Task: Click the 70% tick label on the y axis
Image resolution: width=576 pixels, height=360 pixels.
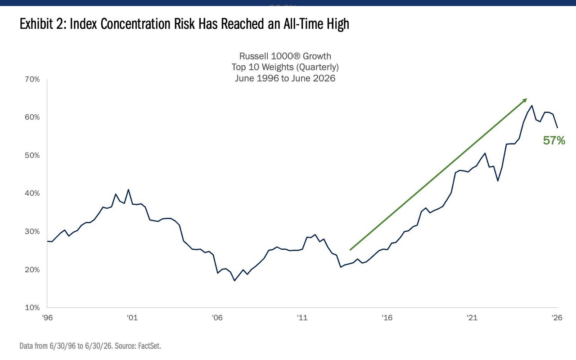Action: pyautogui.click(x=32, y=80)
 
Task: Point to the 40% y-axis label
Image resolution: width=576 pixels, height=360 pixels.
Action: pyautogui.click(x=32, y=193)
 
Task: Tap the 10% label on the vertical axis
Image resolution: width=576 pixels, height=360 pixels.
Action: pyautogui.click(x=32, y=307)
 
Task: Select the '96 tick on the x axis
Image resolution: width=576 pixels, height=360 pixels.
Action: pyautogui.click(x=47, y=318)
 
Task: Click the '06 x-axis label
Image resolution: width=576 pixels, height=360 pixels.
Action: pyautogui.click(x=217, y=318)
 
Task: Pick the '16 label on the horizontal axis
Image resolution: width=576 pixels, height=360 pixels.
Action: pyautogui.click(x=387, y=318)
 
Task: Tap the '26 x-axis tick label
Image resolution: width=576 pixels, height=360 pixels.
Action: pyautogui.click(x=557, y=318)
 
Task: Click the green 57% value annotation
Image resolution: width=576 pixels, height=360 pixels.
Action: pyautogui.click(x=554, y=141)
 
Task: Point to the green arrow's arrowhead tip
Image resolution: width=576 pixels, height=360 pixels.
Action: pyautogui.click(x=527, y=99)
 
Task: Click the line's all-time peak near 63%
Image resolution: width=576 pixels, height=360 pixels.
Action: pyautogui.click(x=532, y=105)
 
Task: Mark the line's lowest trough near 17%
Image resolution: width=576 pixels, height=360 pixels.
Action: pyautogui.click(x=234, y=280)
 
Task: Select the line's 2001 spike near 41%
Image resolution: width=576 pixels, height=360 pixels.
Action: pyautogui.click(x=128, y=190)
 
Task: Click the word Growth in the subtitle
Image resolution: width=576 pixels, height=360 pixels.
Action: pyautogui.click(x=317, y=56)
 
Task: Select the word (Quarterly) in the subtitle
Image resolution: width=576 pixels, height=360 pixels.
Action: pyautogui.click(x=318, y=67)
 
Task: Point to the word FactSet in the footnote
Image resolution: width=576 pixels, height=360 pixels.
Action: pyautogui.click(x=149, y=346)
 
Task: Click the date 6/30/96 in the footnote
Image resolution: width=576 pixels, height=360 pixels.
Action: pyautogui.click(x=63, y=346)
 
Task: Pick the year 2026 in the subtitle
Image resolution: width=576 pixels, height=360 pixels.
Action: pyautogui.click(x=324, y=78)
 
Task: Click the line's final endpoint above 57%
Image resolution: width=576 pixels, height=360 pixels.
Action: pyautogui.click(x=557, y=128)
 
